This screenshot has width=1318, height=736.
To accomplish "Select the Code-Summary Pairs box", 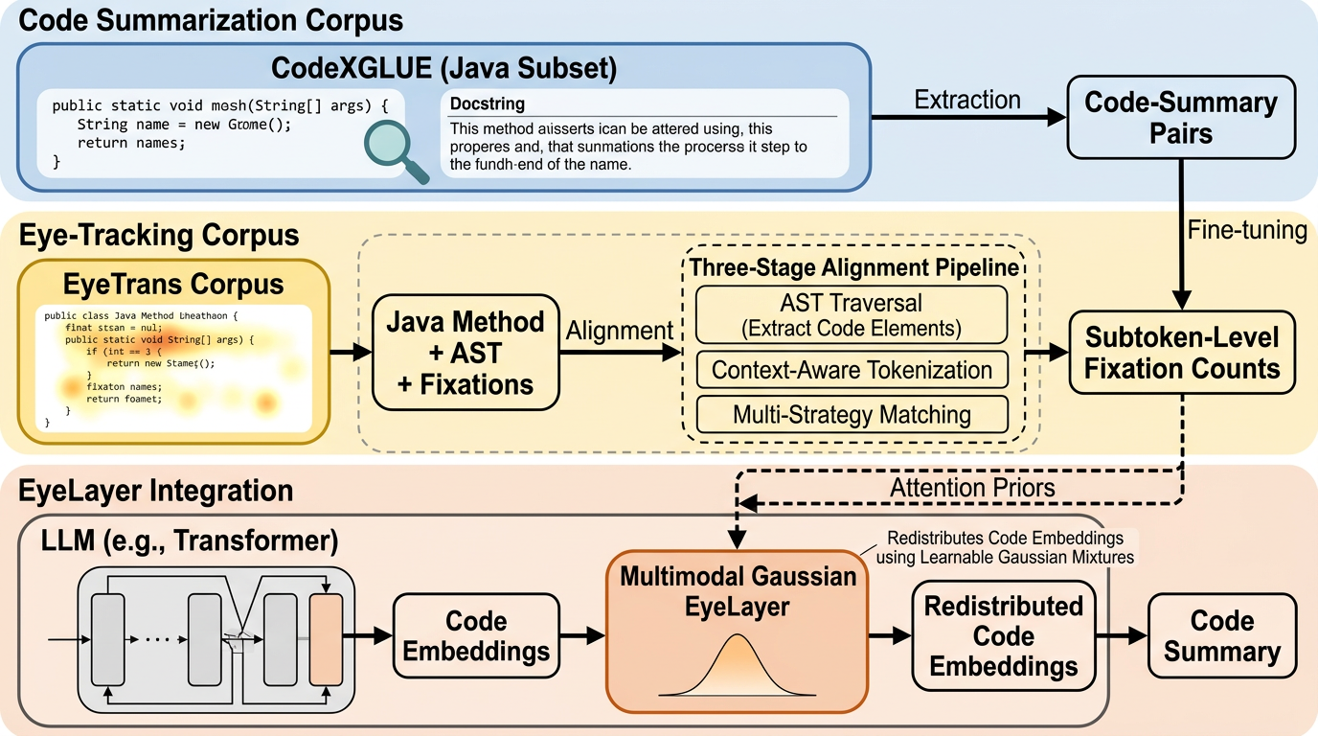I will pyautogui.click(x=1181, y=117).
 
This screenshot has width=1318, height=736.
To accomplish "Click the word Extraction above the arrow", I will pyautogui.click(x=967, y=100).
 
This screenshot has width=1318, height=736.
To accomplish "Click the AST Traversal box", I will pyautogui.click(x=852, y=314).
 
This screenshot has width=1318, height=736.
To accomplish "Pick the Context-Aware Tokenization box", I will pyautogui.click(x=852, y=371).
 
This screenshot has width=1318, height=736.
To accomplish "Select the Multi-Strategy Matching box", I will pyautogui.click(x=852, y=415).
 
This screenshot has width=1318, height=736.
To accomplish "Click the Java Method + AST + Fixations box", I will pyautogui.click(x=466, y=352).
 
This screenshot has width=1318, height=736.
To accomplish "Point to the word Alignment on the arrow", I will pyautogui.click(x=620, y=331).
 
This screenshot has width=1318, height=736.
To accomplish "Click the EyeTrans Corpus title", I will pyautogui.click(x=173, y=285).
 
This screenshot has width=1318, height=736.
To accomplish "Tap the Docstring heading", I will pyautogui.click(x=488, y=103).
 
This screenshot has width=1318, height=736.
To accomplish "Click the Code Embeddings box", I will pyautogui.click(x=476, y=635).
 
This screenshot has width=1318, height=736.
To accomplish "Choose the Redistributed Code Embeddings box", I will pyautogui.click(x=1003, y=635).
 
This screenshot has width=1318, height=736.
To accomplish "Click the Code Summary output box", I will pyautogui.click(x=1221, y=635).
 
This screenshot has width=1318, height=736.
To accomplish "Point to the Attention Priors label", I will pyautogui.click(x=972, y=487).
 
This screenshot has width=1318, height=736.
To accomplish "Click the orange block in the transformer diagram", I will pyautogui.click(x=325, y=638).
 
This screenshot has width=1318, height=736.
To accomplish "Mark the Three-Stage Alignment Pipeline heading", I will pyautogui.click(x=852, y=266).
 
